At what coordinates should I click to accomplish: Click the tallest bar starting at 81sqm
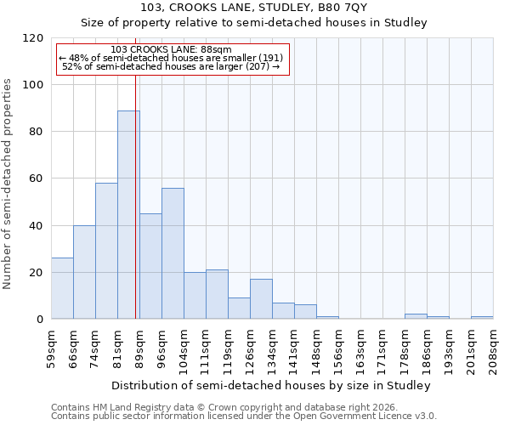(x=128, y=214)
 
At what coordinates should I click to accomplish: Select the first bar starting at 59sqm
(x=62, y=288)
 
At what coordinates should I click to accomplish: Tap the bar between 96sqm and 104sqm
(x=173, y=253)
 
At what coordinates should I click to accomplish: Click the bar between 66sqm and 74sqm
(x=84, y=272)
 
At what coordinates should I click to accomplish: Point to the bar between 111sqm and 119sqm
(x=217, y=294)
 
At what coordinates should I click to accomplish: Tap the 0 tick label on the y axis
(x=40, y=320)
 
